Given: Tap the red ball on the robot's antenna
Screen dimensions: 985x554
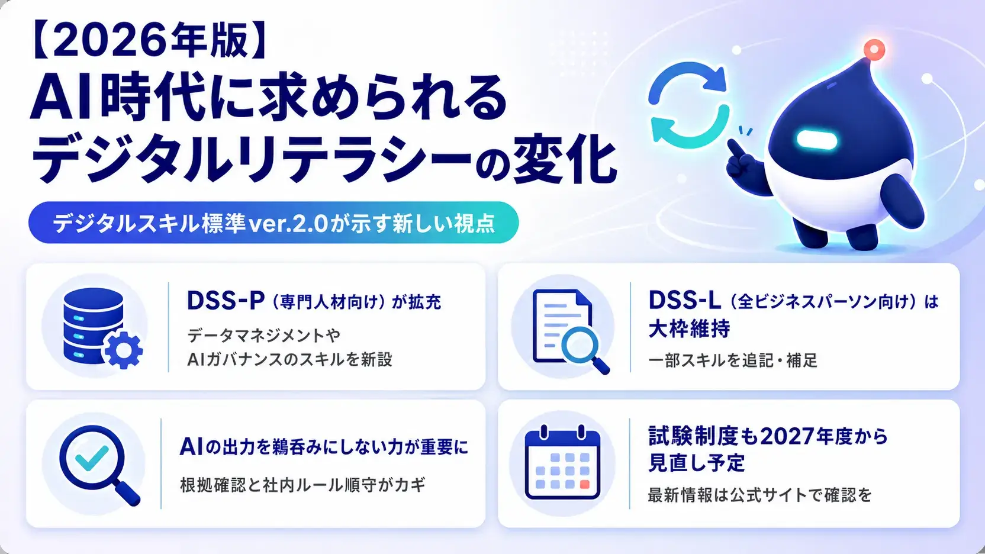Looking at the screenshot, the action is pyautogui.click(x=874, y=49).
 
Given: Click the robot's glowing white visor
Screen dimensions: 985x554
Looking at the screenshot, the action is pyautogui.click(x=816, y=139).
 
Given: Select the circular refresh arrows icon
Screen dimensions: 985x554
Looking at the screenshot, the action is pyautogui.click(x=688, y=105).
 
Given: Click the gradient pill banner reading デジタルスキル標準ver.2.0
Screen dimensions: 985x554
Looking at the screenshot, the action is pyautogui.click(x=273, y=223).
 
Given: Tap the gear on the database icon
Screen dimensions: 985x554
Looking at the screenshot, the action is pyautogui.click(x=124, y=350).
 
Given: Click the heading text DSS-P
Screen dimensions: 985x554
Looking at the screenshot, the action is pyautogui.click(x=226, y=301).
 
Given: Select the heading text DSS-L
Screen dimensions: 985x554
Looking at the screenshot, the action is pyautogui.click(x=685, y=301).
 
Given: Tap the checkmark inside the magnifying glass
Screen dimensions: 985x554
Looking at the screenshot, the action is pyautogui.click(x=92, y=458).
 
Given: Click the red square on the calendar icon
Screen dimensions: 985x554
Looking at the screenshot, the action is pyautogui.click(x=584, y=484).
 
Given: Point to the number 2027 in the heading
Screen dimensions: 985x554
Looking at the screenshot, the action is pyautogui.click(x=787, y=437).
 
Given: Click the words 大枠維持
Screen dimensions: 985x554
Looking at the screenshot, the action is pyautogui.click(x=689, y=328).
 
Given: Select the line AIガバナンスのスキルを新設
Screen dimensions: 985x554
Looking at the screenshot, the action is pyautogui.click(x=289, y=359).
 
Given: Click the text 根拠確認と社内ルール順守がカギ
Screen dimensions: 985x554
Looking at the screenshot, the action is pyautogui.click(x=302, y=485).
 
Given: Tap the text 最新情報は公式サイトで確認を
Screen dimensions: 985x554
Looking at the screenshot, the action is pyautogui.click(x=760, y=495).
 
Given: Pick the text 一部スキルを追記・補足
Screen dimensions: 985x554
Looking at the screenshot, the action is pyautogui.click(x=733, y=360).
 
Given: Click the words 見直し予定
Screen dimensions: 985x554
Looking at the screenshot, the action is pyautogui.click(x=697, y=462).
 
